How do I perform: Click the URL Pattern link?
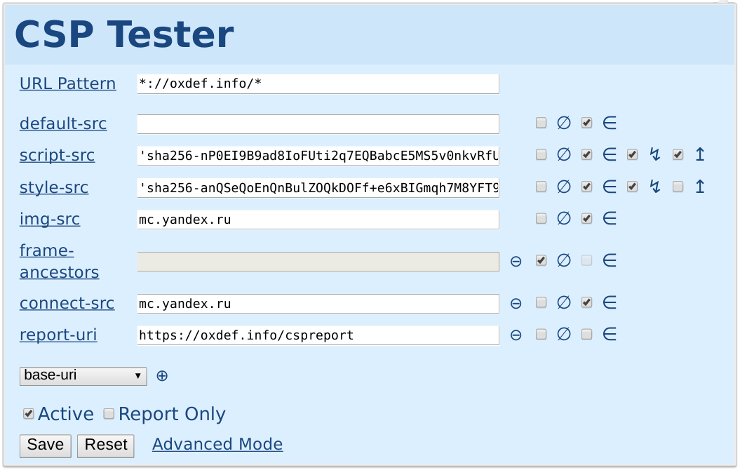67,83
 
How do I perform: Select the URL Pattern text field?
318,84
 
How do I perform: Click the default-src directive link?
62,123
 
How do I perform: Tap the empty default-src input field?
318,124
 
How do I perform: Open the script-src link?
57,155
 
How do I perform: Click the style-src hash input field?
318,188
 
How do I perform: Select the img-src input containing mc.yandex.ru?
318,220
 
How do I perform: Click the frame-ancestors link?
59,262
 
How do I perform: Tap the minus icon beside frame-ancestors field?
516,262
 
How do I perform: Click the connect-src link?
67,303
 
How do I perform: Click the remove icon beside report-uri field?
516,335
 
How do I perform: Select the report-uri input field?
318,335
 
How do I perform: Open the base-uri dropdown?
83,376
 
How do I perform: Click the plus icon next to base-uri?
162,376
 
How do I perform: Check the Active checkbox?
29,414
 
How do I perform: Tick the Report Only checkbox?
109,414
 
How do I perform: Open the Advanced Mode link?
217,444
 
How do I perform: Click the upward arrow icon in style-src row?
700,187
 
